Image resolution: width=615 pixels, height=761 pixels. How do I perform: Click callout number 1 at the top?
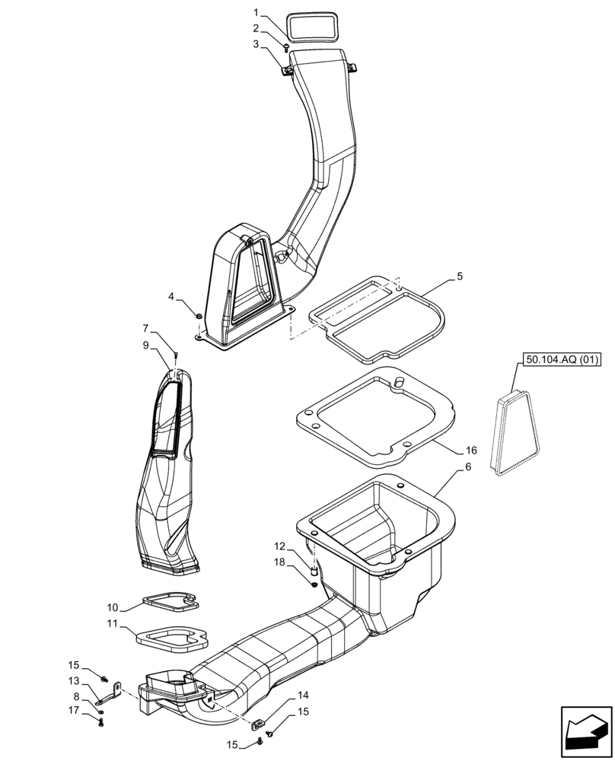(x=257, y=13)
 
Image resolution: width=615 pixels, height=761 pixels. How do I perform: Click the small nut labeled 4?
(x=199, y=316)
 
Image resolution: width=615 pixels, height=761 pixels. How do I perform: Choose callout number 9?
(x=145, y=345)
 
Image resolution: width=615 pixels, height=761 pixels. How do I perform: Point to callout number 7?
(x=145, y=330)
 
